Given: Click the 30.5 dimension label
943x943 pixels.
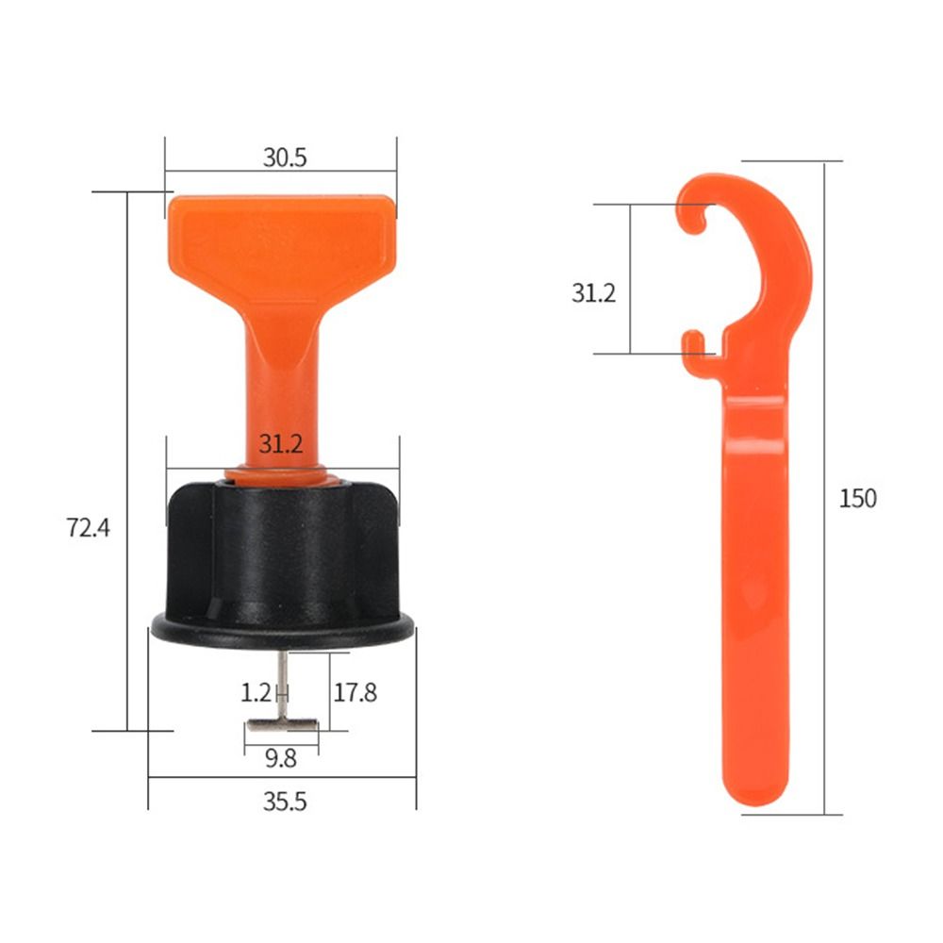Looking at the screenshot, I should [x=284, y=157].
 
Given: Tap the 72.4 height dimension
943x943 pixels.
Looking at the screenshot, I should [x=89, y=528].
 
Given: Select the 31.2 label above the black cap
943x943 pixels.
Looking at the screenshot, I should [x=280, y=445].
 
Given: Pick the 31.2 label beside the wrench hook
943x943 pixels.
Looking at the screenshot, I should [x=593, y=293].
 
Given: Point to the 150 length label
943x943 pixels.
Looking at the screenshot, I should [x=857, y=498].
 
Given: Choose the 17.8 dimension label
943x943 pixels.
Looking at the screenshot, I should [x=355, y=692].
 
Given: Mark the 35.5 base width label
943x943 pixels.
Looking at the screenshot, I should [x=284, y=802].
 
